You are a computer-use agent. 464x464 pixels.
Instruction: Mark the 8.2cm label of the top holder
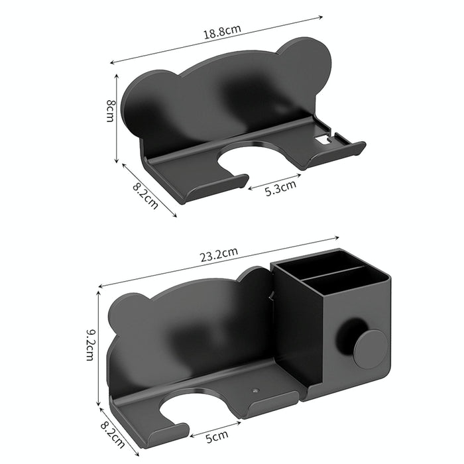pos(145,196)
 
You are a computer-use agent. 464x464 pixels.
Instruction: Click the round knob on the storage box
pos(370,349)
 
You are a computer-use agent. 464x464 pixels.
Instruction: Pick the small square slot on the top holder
pos(323,140)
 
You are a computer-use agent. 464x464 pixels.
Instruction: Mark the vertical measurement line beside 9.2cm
pos(99,348)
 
